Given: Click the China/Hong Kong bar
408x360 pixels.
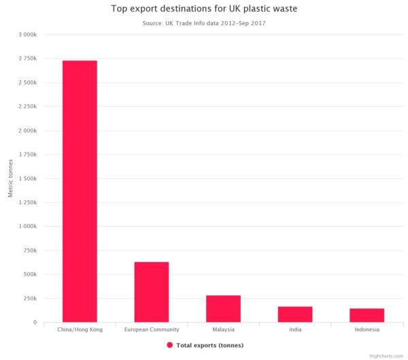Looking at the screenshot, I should pyautogui.click(x=80, y=191).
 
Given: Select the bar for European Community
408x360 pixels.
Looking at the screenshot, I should pyautogui.click(x=151, y=292).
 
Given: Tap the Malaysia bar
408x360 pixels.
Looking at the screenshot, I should pyautogui.click(x=223, y=308).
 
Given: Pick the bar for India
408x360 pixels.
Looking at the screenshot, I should pyautogui.click(x=295, y=314).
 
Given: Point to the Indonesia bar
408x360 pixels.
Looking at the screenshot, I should pyautogui.click(x=367, y=315).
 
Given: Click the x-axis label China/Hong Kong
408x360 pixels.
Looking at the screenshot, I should pyautogui.click(x=80, y=329).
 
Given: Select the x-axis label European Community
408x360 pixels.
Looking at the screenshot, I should pyautogui.click(x=151, y=329).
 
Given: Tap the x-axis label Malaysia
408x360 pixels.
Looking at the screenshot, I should pyautogui.click(x=223, y=329).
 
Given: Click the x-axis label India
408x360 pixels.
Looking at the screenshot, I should pyautogui.click(x=295, y=329).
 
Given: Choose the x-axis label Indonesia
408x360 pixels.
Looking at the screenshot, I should pyautogui.click(x=367, y=329).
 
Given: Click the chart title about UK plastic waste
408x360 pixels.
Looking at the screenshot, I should pyautogui.click(x=204, y=10).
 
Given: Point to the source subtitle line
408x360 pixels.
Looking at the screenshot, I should pyautogui.click(x=204, y=23).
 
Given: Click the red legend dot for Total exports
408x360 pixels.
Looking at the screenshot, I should pyautogui.click(x=169, y=345).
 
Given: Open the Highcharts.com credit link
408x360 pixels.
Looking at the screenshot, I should pyautogui.click(x=387, y=355).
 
